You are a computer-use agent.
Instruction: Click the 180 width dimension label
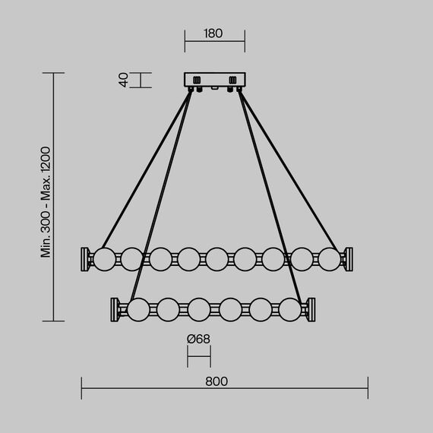click(x=213, y=33)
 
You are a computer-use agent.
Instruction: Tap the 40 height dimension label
click(x=123, y=80)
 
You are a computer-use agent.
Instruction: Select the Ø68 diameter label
click(x=198, y=339)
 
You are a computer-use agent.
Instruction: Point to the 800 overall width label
click(x=216, y=381)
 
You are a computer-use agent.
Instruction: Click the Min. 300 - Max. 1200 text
click(x=46, y=202)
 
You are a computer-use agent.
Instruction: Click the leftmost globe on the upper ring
click(x=104, y=259)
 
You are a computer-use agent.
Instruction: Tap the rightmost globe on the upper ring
click(x=330, y=259)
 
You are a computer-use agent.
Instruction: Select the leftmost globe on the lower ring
click(x=138, y=310)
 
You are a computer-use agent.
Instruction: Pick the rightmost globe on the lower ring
click(x=290, y=310)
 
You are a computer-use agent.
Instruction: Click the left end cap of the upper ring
click(x=85, y=259)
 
